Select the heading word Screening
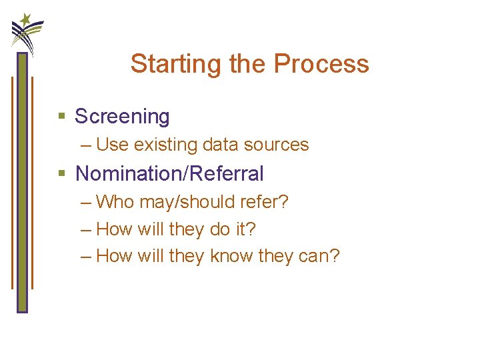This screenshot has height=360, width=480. coord(122,117)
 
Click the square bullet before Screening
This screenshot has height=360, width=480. coord(62,117)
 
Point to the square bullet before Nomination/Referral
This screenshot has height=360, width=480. coord(62,174)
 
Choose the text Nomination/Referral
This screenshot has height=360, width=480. coord(169,174)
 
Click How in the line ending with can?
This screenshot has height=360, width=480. coord(115,256)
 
